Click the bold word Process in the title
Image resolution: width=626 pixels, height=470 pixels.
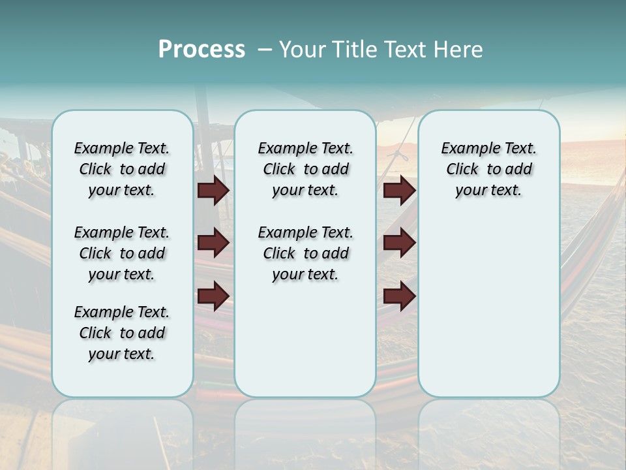[x=201, y=50]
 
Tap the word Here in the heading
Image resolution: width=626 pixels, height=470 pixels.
[x=460, y=50]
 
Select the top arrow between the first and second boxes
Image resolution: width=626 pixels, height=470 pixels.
[x=213, y=190]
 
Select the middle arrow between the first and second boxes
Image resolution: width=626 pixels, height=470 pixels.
[x=213, y=243]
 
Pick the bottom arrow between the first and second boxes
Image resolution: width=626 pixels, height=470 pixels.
[x=213, y=296]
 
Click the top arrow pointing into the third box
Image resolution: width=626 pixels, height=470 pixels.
[x=399, y=190]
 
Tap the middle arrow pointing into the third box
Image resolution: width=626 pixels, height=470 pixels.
[x=399, y=243]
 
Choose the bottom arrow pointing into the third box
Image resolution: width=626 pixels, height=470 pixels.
[x=399, y=296]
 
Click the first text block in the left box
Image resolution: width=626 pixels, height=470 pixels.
[x=122, y=169]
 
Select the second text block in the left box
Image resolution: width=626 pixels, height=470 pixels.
[x=122, y=253]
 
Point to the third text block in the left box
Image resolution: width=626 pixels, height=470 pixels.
[x=122, y=333]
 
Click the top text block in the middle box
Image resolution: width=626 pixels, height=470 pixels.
[x=305, y=169]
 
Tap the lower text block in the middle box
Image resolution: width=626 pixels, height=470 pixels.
[x=305, y=253]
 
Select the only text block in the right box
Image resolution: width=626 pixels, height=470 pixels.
[x=488, y=169]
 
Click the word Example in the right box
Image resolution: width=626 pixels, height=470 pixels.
[x=467, y=149]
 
